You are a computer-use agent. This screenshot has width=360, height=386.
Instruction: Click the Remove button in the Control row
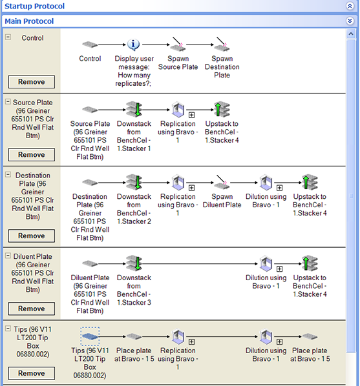pyautogui.click(x=32, y=82)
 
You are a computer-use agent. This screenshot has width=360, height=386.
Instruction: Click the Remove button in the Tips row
pyautogui.click(x=32, y=373)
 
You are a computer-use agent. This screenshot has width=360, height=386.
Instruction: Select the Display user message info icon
pyautogui.click(x=133, y=45)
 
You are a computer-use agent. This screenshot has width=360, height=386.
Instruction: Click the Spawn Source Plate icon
pyautogui.click(x=178, y=45)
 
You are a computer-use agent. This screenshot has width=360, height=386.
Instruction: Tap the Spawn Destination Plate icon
pyautogui.click(x=222, y=45)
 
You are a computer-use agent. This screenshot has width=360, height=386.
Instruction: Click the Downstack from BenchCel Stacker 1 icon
pyautogui.click(x=134, y=109)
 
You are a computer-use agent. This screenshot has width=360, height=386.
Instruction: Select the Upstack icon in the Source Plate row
pyautogui.click(x=222, y=109)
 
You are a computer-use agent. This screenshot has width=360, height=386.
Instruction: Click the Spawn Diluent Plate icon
pyautogui.click(x=222, y=183)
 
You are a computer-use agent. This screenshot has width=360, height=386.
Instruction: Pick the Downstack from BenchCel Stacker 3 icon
pyautogui.click(x=134, y=263)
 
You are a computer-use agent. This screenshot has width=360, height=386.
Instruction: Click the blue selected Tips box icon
pyautogui.click(x=90, y=336)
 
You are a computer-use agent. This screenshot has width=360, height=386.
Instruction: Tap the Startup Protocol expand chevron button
pyautogui.click(x=350, y=6)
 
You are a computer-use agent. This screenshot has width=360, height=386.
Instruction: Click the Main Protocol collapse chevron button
pyautogui.click(x=350, y=21)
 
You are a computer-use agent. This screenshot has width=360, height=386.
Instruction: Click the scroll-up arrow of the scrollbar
pyautogui.click(x=351, y=34)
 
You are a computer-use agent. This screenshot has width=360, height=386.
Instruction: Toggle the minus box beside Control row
pyautogui.click(x=8, y=37)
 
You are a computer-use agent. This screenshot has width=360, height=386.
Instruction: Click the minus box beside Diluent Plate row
pyautogui.click(x=8, y=256)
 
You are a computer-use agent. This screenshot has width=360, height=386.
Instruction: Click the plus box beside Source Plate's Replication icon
pyautogui.click(x=191, y=115)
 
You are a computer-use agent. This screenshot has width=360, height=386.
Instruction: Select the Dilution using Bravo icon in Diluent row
pyautogui.click(x=266, y=263)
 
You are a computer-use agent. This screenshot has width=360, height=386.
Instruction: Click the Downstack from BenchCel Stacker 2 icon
pyautogui.click(x=134, y=183)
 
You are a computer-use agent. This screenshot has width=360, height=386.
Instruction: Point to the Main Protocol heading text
pyautogui.click(x=29, y=21)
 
